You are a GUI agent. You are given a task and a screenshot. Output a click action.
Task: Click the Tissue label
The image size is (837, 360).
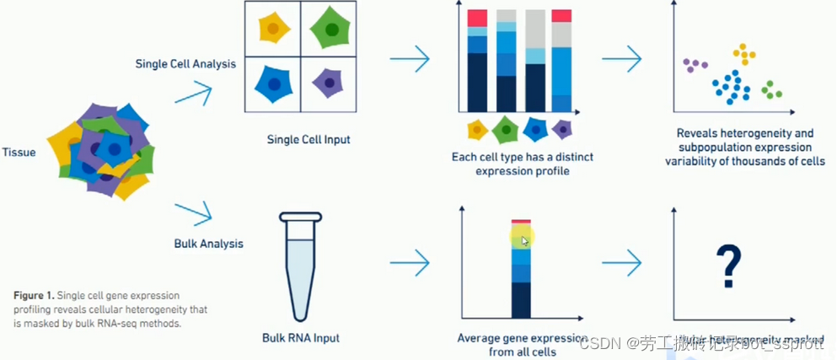pos(19,153)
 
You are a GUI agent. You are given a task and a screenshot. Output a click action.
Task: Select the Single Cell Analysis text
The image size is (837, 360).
pos(185,63)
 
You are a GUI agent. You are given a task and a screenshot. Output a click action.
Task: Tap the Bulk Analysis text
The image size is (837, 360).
pos(208,244)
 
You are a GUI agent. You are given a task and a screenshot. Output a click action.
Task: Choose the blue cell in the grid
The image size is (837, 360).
pos(274,83)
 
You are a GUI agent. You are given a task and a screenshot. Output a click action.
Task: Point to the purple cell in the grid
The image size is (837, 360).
pos(328,83)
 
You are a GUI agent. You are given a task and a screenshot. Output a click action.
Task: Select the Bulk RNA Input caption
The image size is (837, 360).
pos(302,338)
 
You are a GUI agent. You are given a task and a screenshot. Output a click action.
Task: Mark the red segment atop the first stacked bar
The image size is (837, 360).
pos(477,18)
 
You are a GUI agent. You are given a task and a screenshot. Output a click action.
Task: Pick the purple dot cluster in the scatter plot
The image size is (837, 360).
pos(695,65)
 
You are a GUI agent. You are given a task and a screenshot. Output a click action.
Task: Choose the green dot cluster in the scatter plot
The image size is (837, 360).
pos(771,89)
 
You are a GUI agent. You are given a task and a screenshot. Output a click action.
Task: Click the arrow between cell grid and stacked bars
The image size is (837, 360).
pos(410,59)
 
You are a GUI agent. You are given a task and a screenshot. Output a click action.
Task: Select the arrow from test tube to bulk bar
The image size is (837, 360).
pos(410,262)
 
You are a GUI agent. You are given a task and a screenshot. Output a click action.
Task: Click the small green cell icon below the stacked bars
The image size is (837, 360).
pos(506,130)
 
